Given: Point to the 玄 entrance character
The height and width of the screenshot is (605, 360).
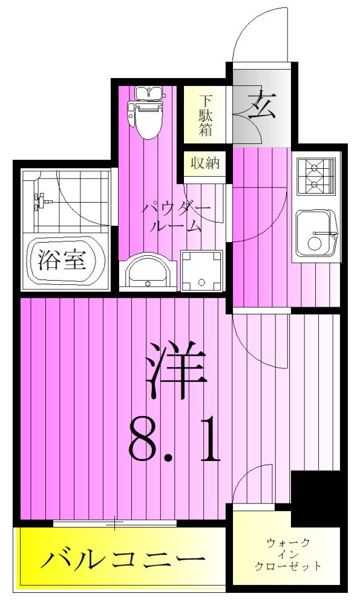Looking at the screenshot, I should click(x=262, y=104).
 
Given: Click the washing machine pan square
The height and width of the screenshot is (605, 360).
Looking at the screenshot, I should click(x=201, y=270).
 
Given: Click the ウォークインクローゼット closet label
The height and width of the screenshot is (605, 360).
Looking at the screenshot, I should click(x=288, y=555).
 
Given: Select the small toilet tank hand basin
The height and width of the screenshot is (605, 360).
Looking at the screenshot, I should click(x=148, y=93).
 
